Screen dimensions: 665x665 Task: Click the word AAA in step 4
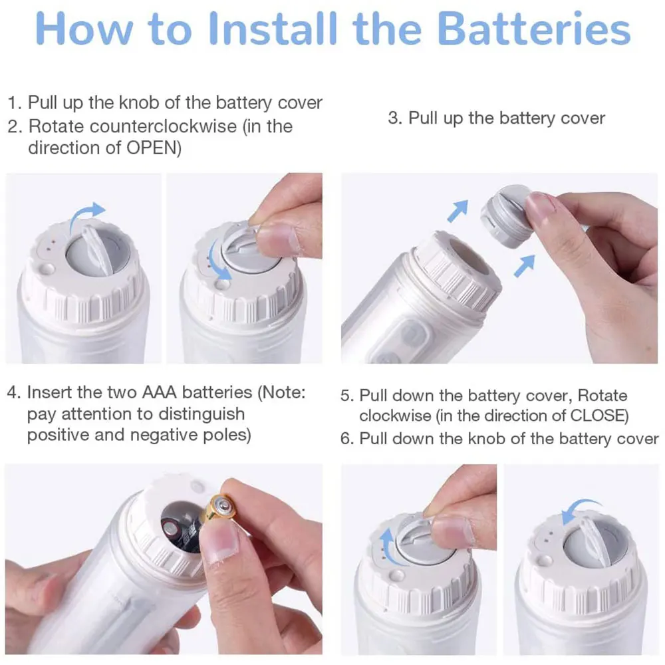pos(159,392)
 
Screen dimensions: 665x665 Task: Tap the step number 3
pos(394,118)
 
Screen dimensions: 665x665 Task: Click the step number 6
pos(346,438)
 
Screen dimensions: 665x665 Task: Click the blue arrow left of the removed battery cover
pos(458,210)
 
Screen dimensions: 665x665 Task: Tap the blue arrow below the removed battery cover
pos(524,266)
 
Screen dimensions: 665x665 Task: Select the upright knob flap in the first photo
pos(96,251)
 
